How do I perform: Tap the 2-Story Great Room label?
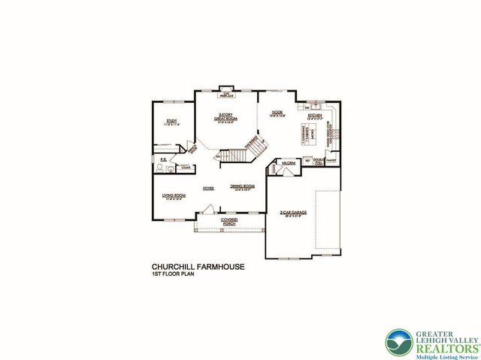point(226,117)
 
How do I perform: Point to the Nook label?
point(277,113)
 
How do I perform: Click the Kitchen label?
point(314,115)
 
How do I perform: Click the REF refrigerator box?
point(307,160)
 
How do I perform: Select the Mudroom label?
point(287,162)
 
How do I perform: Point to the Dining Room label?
point(243,186)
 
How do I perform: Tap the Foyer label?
point(208,189)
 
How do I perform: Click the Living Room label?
point(174,198)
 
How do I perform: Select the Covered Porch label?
point(229,221)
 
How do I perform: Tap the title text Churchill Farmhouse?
point(198,266)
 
